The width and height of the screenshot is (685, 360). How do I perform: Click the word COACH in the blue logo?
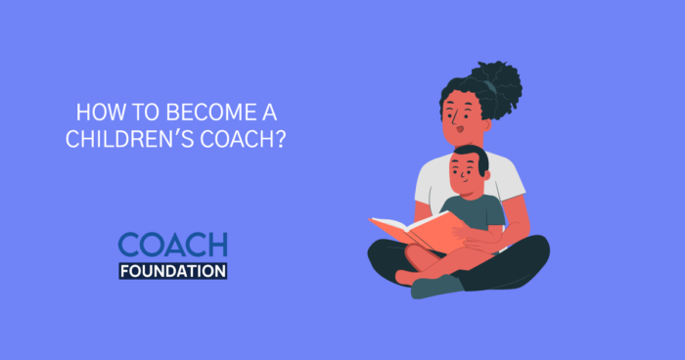click(172, 245)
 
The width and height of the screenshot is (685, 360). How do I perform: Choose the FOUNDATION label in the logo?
click(172, 270)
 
